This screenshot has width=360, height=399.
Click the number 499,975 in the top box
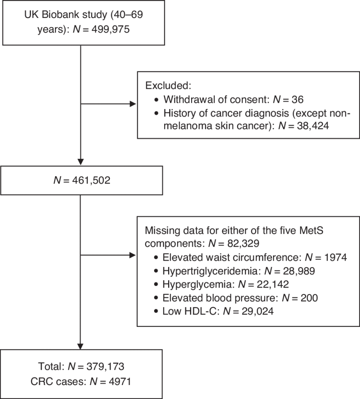(x=110, y=30)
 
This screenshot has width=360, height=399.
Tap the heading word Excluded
(x=168, y=85)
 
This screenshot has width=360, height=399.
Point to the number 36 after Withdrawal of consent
(x=297, y=99)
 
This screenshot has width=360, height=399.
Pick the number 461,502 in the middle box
(x=91, y=180)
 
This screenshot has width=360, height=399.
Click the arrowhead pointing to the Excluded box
(x=133, y=104)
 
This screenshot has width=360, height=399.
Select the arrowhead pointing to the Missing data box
(x=133, y=255)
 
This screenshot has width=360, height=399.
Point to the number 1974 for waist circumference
(x=335, y=258)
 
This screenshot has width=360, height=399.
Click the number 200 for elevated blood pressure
(x=309, y=298)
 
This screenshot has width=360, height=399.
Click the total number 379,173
(x=105, y=367)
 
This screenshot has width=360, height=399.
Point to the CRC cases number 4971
(x=119, y=382)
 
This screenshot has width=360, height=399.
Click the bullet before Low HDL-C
(x=156, y=311)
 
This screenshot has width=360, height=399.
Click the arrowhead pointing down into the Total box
(x=80, y=346)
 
